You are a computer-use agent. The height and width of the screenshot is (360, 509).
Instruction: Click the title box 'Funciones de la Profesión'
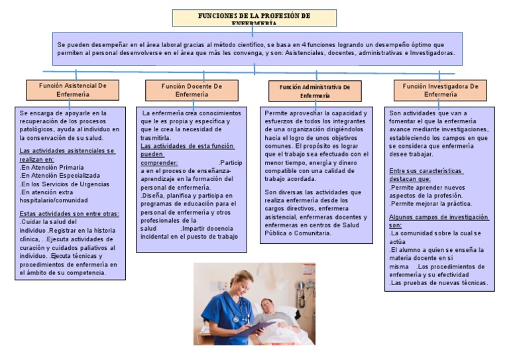pyautogui.click(x=254, y=18)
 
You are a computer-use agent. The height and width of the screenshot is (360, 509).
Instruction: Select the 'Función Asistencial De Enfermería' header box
pyautogui.click(x=73, y=90)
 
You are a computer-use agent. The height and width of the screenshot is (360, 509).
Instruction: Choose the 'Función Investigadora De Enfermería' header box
pyautogui.click(x=440, y=90)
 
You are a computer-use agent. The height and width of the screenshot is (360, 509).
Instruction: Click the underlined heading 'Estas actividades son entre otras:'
pyautogui.click(x=69, y=213)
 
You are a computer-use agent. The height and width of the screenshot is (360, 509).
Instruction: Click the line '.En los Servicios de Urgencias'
pyautogui.click(x=64, y=184)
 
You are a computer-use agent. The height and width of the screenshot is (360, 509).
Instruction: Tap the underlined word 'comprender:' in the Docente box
pyautogui.click(x=160, y=162)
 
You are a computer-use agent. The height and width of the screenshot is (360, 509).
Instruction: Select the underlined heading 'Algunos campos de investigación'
pyautogui.click(x=439, y=217)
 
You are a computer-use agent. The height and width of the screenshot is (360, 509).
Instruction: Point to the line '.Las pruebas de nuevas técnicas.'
pyautogui.click(x=439, y=283)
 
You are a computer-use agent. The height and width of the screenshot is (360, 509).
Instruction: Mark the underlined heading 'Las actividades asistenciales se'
pyautogui.click(x=67, y=151)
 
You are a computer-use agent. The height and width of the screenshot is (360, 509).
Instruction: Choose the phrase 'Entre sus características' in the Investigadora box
pyautogui.click(x=425, y=171)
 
